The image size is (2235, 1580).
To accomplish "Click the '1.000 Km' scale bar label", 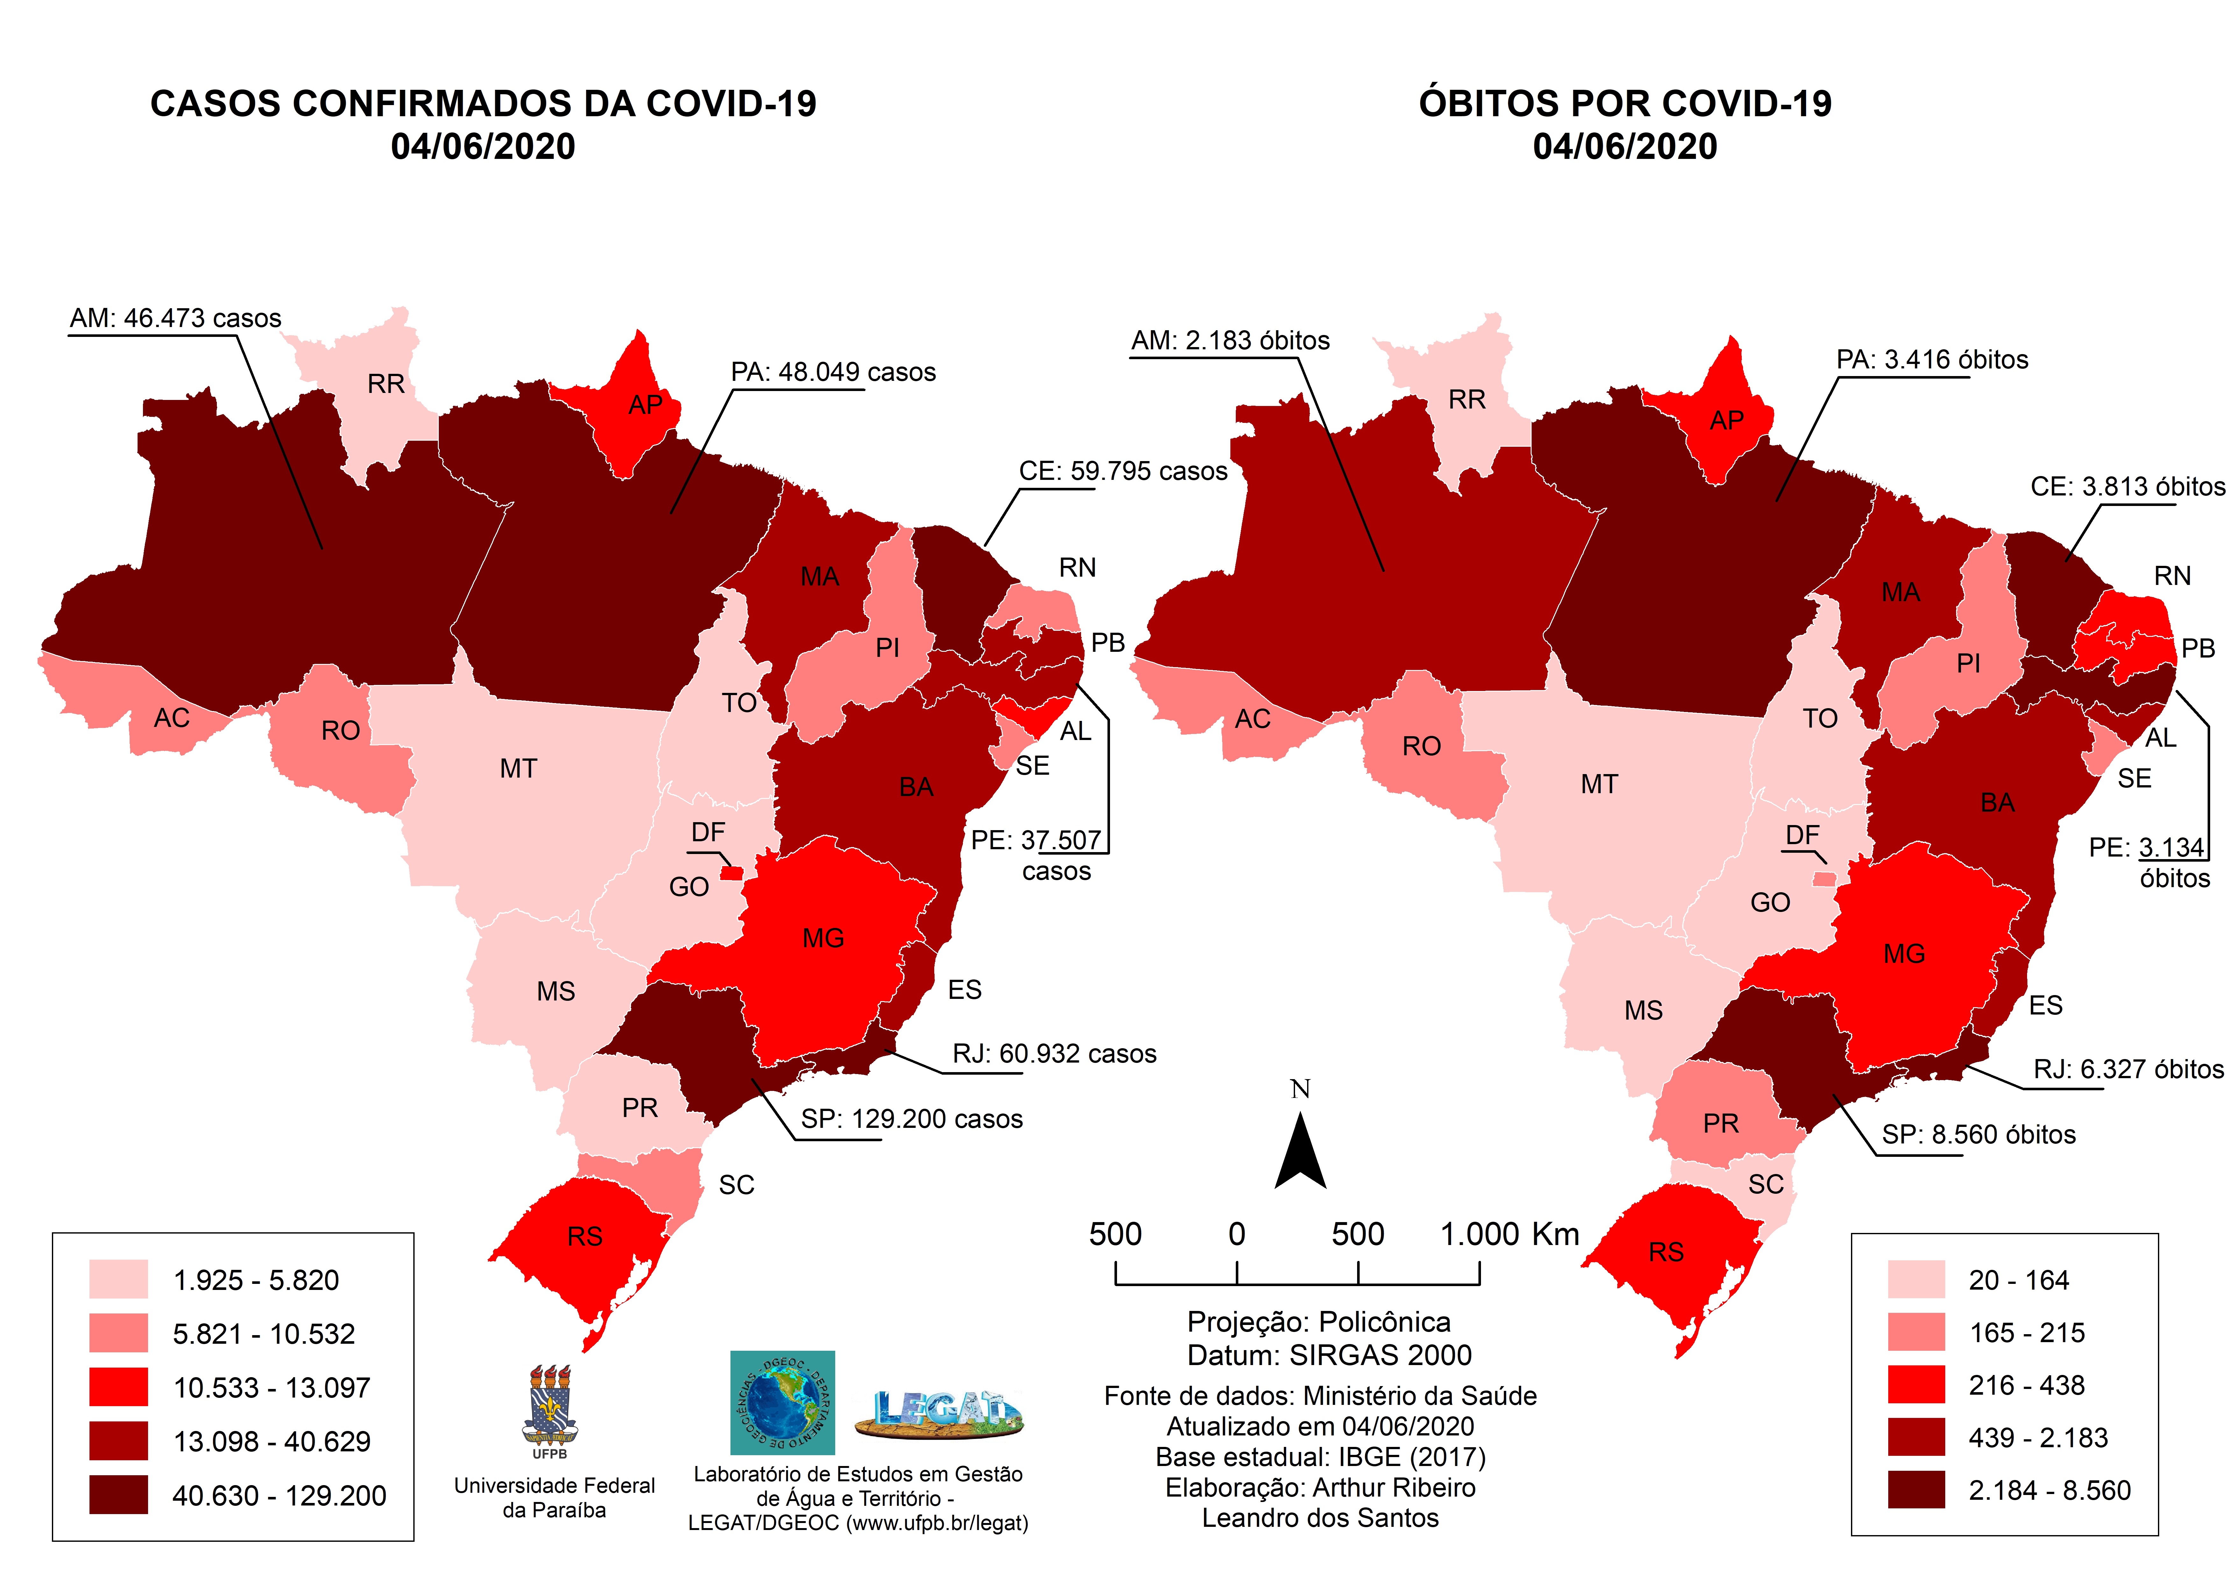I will (x=1509, y=1235).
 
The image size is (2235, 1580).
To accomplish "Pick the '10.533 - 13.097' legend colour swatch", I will (x=119, y=1386).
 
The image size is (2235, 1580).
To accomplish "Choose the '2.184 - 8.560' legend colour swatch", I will (x=1916, y=1490).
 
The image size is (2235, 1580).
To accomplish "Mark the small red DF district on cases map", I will (x=731, y=873).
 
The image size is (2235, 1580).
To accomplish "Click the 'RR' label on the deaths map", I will (x=1467, y=400).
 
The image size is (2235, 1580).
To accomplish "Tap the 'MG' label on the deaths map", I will (x=1904, y=954).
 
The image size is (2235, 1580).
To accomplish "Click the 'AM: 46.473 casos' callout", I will (x=175, y=318).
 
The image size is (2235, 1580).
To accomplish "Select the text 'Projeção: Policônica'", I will (x=1319, y=1322).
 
